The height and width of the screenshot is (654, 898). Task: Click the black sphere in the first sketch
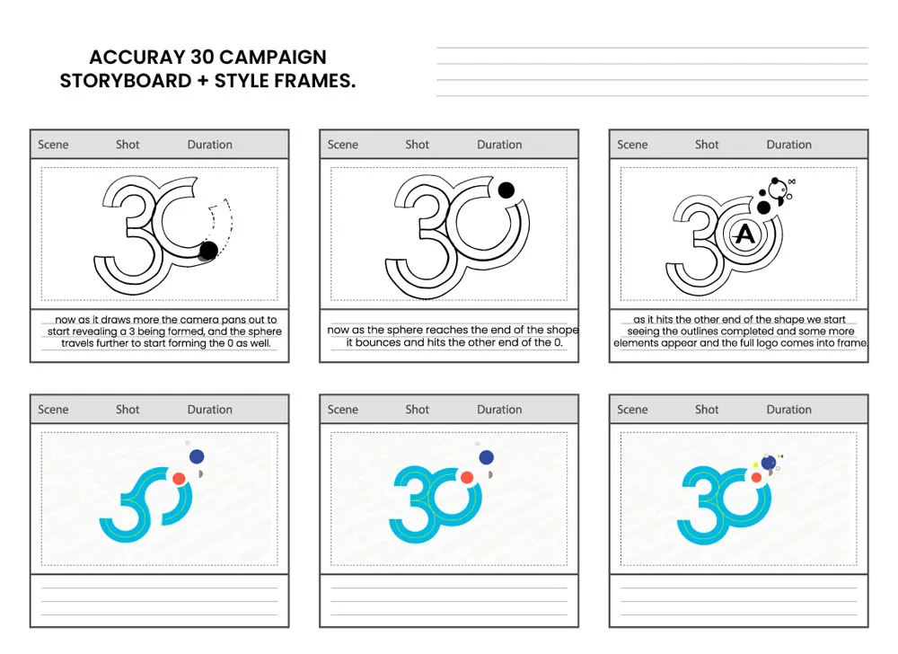pyautogui.click(x=208, y=250)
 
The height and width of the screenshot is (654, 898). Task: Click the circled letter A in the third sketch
pyautogui.click(x=744, y=235)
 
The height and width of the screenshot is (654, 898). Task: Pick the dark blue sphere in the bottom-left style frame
pyautogui.click(x=197, y=456)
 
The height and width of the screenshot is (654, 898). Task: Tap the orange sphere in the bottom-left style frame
pyautogui.click(x=179, y=478)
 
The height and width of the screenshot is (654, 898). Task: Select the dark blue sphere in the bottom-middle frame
pyautogui.click(x=487, y=457)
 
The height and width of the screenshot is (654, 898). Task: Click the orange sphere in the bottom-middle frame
pyautogui.click(x=467, y=478)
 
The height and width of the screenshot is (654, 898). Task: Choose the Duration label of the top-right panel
pyautogui.click(x=788, y=145)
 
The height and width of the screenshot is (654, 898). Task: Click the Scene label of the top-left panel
pyautogui.click(x=53, y=145)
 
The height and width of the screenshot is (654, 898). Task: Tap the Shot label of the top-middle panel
pyautogui.click(x=418, y=145)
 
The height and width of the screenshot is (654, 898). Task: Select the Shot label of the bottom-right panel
pyautogui.click(x=707, y=410)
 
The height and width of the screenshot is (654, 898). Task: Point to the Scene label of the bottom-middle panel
pyautogui.click(x=343, y=410)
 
